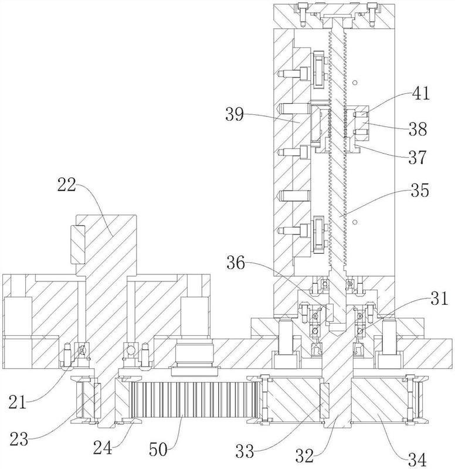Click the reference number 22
67,185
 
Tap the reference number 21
18,402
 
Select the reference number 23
19,439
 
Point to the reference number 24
102,448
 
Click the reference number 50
158,449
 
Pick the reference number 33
245,451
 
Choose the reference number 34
417,458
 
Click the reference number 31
439,298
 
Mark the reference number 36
236,264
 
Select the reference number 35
420,190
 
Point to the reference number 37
417,157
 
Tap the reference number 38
418,130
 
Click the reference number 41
421,93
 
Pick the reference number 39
235,114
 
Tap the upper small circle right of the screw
355,82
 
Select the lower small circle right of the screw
355,222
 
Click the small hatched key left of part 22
78,244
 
